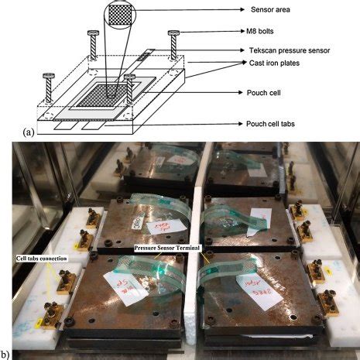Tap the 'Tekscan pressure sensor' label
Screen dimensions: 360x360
click(283, 49)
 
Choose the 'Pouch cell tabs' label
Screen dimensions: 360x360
click(268, 124)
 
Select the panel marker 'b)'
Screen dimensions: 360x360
click(7, 354)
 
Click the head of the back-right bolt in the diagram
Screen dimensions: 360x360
click(175, 33)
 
